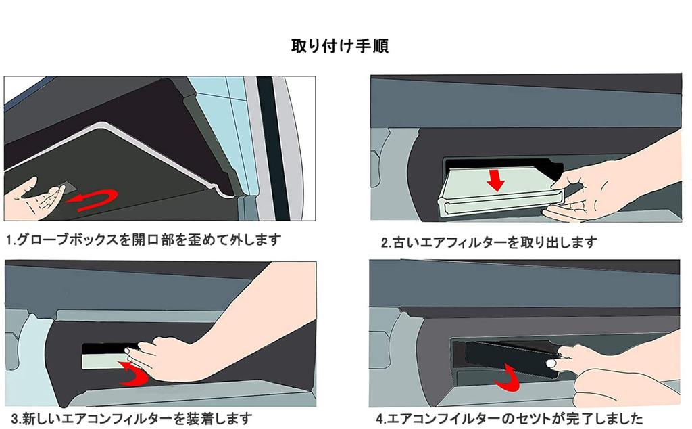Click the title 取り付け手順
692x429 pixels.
click(x=339, y=47)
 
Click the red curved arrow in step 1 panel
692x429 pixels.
click(x=95, y=200)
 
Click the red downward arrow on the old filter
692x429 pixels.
click(x=497, y=179)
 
